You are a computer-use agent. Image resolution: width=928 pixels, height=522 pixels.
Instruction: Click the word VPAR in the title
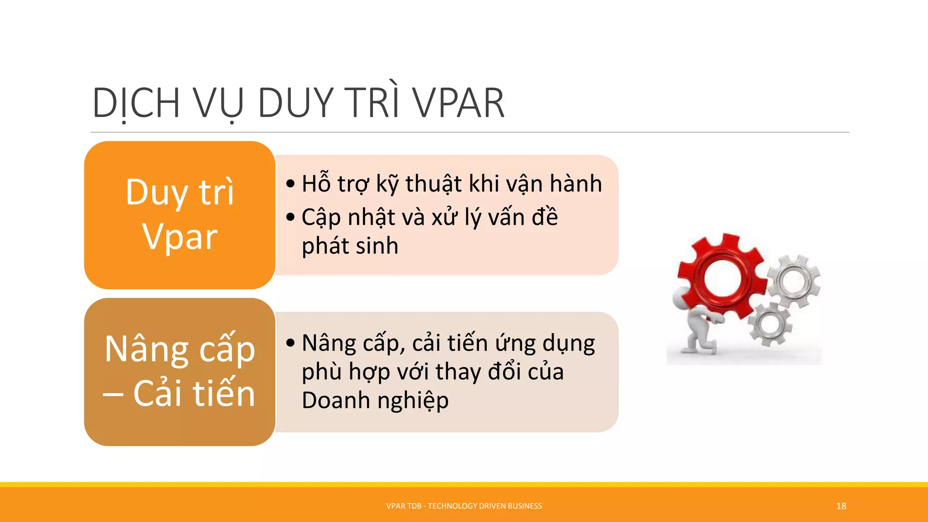[x=459, y=103]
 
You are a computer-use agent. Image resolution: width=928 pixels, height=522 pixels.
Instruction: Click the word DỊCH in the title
[x=136, y=103]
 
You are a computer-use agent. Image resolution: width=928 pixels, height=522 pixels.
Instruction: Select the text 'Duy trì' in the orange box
[x=180, y=192]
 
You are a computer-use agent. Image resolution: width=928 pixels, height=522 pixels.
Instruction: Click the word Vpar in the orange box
[x=180, y=237]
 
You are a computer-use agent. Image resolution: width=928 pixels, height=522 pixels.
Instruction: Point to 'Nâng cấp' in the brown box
[x=180, y=349]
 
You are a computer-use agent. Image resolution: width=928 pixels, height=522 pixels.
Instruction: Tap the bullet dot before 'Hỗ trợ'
[x=290, y=184]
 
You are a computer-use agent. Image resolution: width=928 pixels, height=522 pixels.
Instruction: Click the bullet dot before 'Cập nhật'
[x=290, y=217]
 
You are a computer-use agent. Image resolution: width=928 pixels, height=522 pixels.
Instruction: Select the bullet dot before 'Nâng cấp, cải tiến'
[x=290, y=343]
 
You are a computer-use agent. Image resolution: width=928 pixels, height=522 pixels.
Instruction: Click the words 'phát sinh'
[x=350, y=246]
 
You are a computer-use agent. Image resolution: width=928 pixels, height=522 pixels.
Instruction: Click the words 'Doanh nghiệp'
[x=375, y=401]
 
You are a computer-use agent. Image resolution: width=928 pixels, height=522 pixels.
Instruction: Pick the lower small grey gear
[x=769, y=324]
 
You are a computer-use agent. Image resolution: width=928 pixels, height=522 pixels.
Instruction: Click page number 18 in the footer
[x=841, y=506]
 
